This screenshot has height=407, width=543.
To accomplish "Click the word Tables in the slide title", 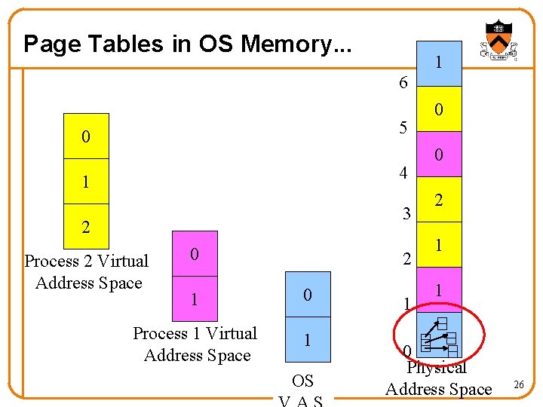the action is coord(124,44).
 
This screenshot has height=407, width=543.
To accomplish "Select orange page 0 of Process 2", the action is coord(86,136).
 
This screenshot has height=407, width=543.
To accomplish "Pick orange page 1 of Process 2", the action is coord(86,182).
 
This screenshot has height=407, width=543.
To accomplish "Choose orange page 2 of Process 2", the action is coord(86,226).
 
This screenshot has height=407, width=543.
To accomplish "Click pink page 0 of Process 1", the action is coord(195,254).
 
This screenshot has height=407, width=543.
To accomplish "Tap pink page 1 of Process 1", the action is coord(195,299).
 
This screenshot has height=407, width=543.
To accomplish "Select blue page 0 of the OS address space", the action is coord(308,294).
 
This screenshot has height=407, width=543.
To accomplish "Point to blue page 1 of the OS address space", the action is coord(308,339).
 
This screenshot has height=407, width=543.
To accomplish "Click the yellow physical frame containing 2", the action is coord(439,200).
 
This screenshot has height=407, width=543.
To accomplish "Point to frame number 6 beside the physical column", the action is coord(403,83).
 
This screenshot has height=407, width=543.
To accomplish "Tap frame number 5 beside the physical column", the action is coord(403,127).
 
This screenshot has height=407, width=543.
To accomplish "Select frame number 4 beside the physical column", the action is coord(403,173).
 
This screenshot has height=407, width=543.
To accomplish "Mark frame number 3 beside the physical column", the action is coord(406,214).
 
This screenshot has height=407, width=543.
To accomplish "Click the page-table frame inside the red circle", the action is coord(439,335).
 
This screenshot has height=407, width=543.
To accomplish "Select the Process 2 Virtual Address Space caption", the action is coord(87,272).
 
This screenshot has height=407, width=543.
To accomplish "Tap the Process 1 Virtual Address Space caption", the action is coord(195,344).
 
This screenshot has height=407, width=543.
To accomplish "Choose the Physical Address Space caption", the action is coord(438,379).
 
